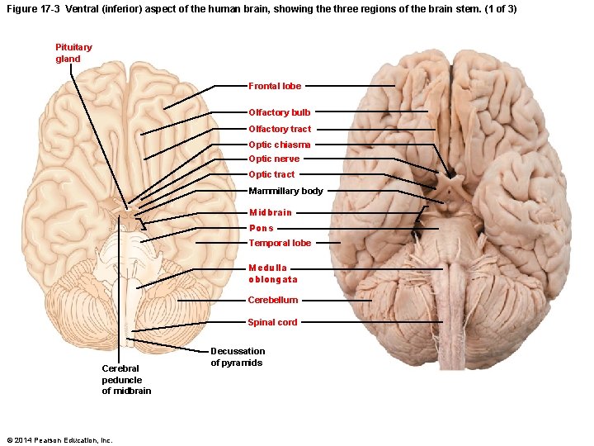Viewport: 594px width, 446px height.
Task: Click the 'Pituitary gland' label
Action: click(73, 53)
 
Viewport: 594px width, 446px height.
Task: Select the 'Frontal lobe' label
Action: click(275, 86)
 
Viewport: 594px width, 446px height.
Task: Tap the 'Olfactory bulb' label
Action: click(280, 112)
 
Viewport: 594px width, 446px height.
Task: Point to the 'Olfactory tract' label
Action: click(280, 129)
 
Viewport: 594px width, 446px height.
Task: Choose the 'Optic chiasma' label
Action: click(280, 145)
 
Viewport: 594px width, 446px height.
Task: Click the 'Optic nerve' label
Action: click(274, 159)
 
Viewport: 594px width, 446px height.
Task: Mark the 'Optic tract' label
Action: click(271, 174)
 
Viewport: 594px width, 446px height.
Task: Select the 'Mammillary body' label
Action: click(285, 191)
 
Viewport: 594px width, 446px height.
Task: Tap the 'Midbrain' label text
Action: click(271, 212)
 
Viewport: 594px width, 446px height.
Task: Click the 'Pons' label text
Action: click(262, 228)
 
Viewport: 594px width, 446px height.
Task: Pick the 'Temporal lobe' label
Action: click(280, 243)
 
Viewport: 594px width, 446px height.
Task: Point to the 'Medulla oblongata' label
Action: click(272, 273)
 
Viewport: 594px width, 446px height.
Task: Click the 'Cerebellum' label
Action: click(273, 300)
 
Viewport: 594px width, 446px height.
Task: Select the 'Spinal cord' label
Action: click(272, 322)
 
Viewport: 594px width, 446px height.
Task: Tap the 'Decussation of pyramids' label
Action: click(238, 357)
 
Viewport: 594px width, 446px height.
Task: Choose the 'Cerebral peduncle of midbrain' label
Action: click(126, 379)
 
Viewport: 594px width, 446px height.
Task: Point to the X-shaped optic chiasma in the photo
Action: click(449, 175)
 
